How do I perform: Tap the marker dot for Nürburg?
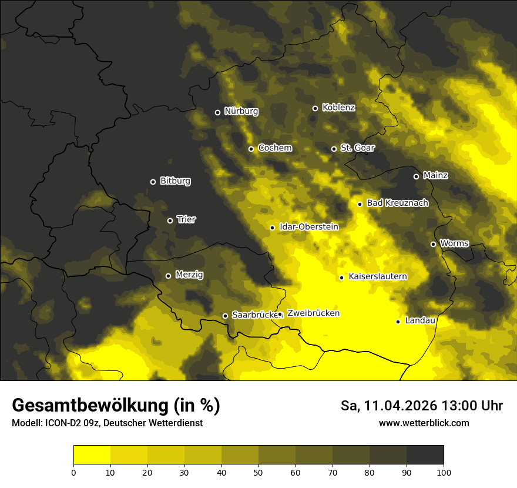point(217,112)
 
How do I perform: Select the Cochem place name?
point(274,148)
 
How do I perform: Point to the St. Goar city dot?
point(334,149)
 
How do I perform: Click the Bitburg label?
point(175,181)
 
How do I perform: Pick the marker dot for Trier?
point(170,220)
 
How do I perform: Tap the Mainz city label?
point(435,175)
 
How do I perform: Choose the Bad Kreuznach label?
point(397,203)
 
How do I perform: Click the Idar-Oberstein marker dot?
point(272,228)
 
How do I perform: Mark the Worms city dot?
point(433,244)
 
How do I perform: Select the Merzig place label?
point(189,275)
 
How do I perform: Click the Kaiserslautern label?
point(378,276)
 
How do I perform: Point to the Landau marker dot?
point(398,322)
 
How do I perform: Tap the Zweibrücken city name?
point(313,313)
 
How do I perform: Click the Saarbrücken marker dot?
point(224,316)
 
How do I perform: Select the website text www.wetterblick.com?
point(424,423)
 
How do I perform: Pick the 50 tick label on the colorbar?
point(258,472)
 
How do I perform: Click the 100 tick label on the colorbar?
point(444,472)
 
